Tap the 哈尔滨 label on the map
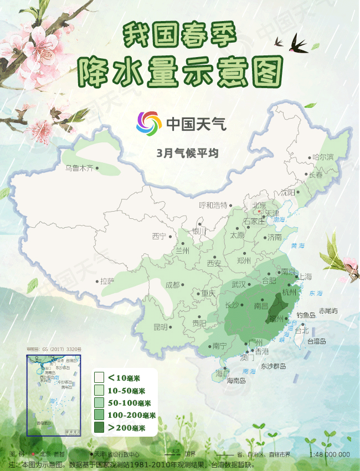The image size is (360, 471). pyautogui.click(x=323, y=157)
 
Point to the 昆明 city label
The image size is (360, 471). pyautogui.click(x=160, y=327)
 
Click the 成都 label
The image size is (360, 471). pyautogui.click(x=172, y=285)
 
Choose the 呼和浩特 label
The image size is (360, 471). pyautogui.click(x=213, y=205)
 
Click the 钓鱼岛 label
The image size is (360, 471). pyautogui.click(x=306, y=315)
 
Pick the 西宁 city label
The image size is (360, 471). pyautogui.click(x=159, y=236)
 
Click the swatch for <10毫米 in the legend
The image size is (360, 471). pyautogui.click(x=100, y=378)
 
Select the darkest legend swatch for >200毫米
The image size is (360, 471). pyautogui.click(x=100, y=427)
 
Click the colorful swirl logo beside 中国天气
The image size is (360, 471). pyautogui.click(x=149, y=122)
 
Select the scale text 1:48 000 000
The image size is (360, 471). pyautogui.click(x=331, y=455)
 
